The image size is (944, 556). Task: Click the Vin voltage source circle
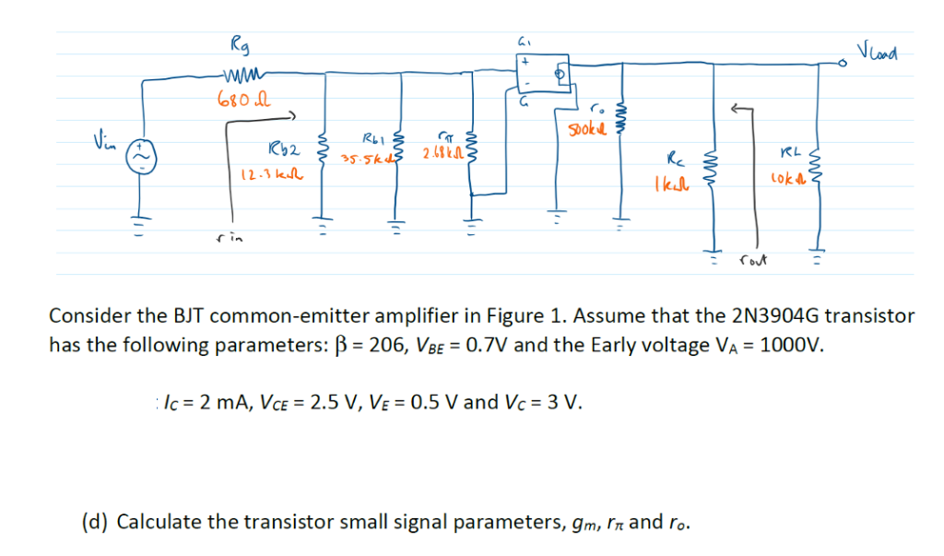coord(143,149)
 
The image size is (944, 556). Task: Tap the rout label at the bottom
coord(753,261)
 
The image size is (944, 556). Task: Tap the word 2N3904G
coord(773,315)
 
